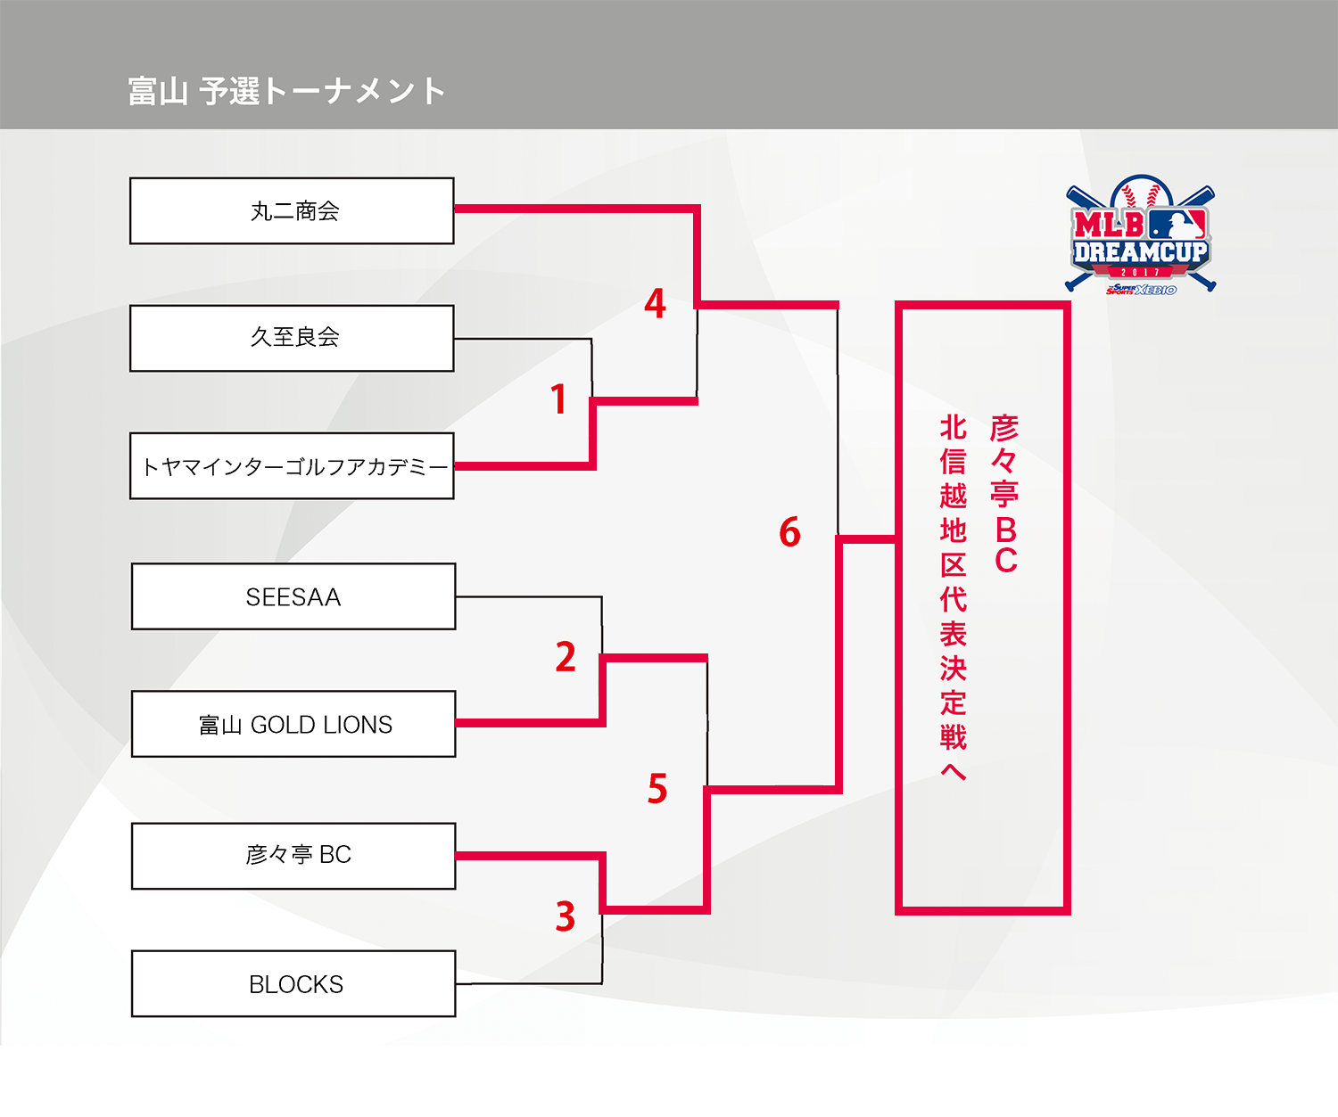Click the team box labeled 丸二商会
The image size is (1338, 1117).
click(x=292, y=211)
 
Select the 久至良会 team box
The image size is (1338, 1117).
click(x=292, y=338)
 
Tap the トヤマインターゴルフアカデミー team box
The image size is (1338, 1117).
click(x=292, y=466)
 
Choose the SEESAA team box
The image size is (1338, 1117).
click(x=293, y=596)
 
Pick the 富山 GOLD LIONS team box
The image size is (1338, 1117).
click(x=293, y=724)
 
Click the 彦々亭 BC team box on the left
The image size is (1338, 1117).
click(x=293, y=856)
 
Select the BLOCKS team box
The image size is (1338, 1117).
click(x=293, y=984)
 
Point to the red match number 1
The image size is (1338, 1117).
click(x=559, y=399)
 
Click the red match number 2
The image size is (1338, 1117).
click(x=566, y=657)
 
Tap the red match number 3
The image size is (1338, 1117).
click(x=566, y=916)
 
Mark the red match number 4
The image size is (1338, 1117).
click(x=656, y=304)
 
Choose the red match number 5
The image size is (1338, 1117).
click(x=657, y=789)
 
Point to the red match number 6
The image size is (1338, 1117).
click(x=789, y=532)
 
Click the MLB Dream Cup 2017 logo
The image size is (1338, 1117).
click(x=1141, y=237)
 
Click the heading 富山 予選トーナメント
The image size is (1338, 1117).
click(x=286, y=91)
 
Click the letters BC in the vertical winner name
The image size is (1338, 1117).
click(x=1006, y=545)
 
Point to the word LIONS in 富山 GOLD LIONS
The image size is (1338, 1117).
click(x=359, y=725)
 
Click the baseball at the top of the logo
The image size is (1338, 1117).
click(x=1142, y=191)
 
